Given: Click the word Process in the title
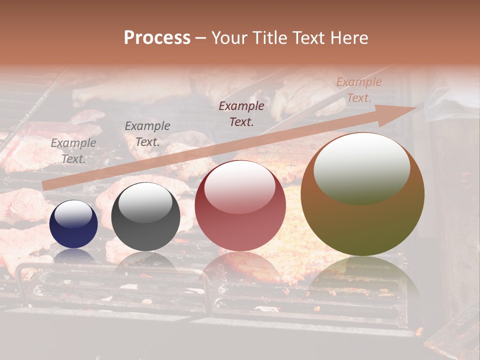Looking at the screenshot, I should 157,38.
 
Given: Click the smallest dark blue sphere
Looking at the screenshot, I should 73,224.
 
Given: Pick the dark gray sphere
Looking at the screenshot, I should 145,217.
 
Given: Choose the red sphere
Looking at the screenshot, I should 240,206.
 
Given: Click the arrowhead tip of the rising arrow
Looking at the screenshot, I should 416,107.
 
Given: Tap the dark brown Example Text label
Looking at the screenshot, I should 241,113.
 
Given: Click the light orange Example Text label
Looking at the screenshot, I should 358,90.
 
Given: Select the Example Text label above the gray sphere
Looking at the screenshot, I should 147,134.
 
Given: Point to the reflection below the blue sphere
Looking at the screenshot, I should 73,255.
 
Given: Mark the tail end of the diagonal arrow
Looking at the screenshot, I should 44,186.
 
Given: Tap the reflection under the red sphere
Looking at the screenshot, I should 240,267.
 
